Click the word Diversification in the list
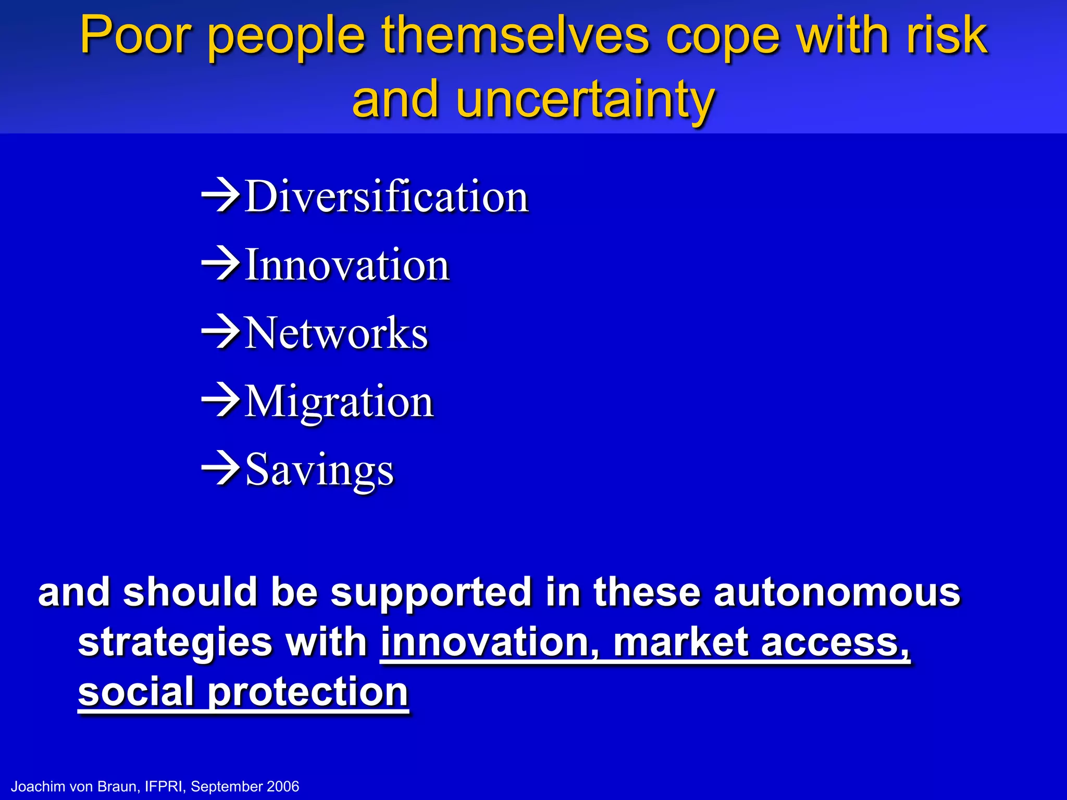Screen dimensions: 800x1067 point(387,196)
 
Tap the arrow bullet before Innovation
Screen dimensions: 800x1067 point(221,264)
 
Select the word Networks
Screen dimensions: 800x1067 point(336,333)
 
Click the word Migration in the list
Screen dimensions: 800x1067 point(339,402)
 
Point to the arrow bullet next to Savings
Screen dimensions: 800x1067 point(221,468)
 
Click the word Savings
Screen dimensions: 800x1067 point(319,470)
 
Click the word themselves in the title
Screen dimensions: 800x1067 point(515,35)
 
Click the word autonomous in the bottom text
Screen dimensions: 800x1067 point(837,592)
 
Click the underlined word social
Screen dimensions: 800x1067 point(135,691)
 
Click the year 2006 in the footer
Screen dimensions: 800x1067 point(282,786)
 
